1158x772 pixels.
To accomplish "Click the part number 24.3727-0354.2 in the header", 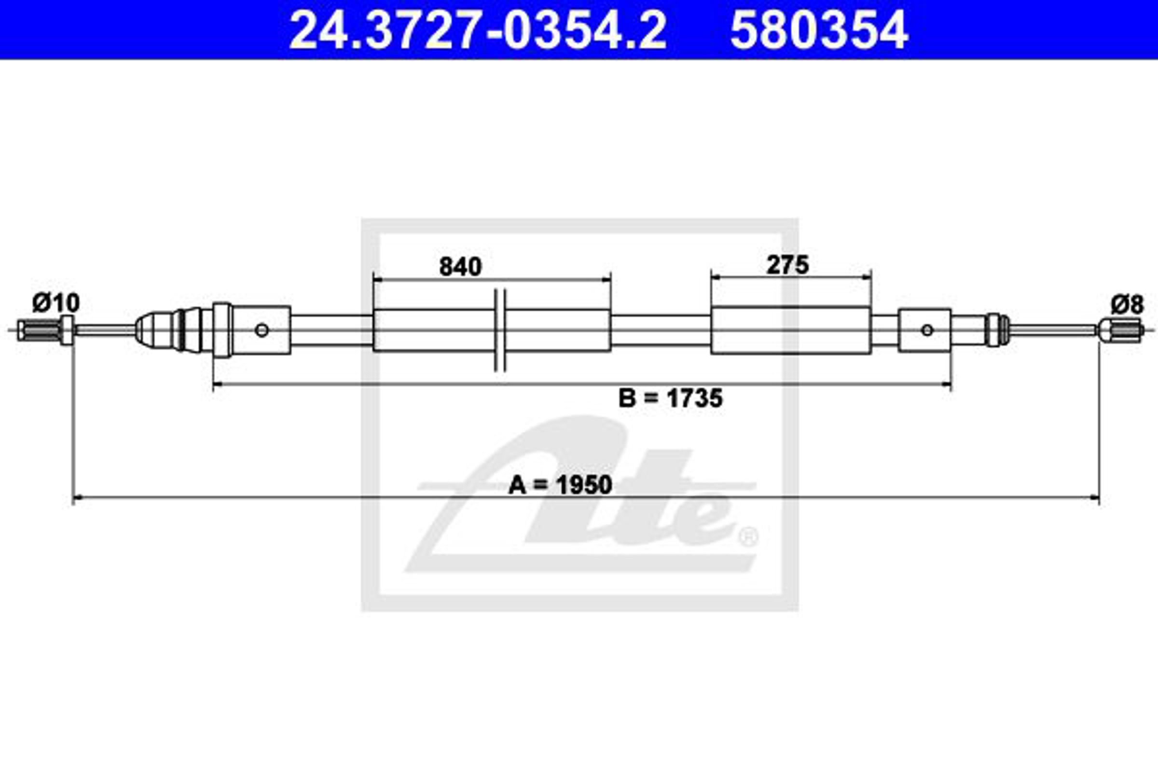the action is point(478,30).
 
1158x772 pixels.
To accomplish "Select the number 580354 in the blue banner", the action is point(819,30).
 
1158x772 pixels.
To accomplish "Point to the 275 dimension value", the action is point(788,265).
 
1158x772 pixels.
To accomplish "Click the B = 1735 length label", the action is point(671,398).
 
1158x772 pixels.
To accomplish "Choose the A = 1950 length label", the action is point(560,485).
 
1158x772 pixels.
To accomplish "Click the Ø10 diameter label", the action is point(56,303).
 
